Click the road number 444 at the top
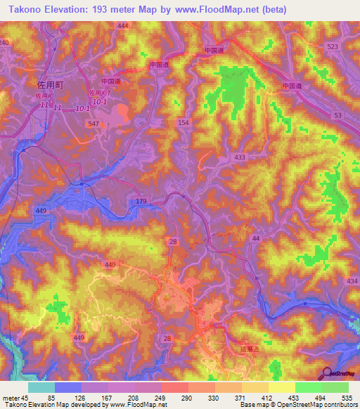[x=123, y=26]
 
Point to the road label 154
[x=184, y=123]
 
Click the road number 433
[x=240, y=157]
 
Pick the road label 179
[x=141, y=202]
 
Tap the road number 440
[x=110, y=264]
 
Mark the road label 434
[x=352, y=281]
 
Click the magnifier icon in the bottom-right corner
[x=325, y=373]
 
